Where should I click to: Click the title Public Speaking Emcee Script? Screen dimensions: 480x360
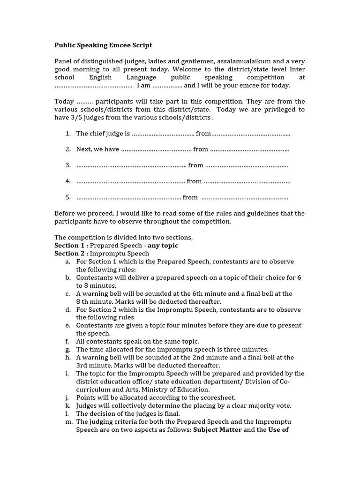pos(103,45)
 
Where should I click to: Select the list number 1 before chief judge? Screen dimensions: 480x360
pos(68,134)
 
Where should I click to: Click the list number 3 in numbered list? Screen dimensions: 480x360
pos(68,165)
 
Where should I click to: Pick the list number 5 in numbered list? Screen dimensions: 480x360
pos(68,197)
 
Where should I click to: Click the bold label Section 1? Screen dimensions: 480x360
pos(69,245)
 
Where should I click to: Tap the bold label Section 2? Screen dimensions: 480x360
pos(69,254)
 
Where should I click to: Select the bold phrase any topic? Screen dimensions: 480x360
pos(163,245)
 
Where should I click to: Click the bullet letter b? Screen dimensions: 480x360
pos(68,277)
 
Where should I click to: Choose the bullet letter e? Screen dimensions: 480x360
pos(68,325)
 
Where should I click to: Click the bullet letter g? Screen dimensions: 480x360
pos(68,349)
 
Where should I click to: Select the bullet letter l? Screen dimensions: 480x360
pos(68,413)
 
